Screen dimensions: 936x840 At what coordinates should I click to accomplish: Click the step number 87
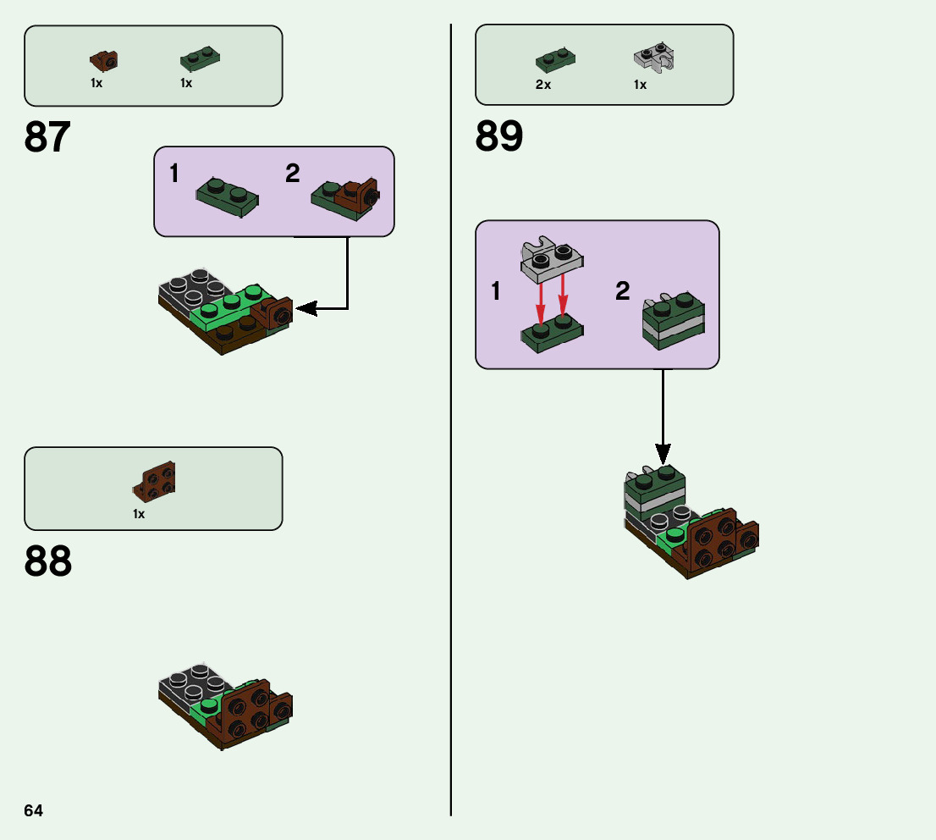[48, 137]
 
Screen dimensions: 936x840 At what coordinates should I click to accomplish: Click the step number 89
[499, 136]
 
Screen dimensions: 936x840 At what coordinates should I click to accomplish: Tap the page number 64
[34, 810]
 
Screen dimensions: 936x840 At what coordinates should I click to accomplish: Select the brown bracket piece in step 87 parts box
[104, 60]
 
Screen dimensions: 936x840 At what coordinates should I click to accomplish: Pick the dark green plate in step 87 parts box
[200, 58]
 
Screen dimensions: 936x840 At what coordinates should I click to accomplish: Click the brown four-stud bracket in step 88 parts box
[155, 482]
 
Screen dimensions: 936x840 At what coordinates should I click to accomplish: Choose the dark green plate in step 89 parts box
[555, 59]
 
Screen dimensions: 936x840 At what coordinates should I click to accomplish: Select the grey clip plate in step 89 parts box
[653, 58]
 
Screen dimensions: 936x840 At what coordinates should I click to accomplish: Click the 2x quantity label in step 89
[543, 85]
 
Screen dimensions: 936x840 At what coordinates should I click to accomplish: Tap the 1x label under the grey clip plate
[640, 85]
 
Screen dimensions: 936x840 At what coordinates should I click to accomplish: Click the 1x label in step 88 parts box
[139, 514]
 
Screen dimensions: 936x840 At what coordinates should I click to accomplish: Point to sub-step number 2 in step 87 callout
[293, 174]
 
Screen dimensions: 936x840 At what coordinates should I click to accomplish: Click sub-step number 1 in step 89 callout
[496, 292]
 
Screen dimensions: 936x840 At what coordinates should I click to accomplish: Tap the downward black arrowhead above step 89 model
[663, 453]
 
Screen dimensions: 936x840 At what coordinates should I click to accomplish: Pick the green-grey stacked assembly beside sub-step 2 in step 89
[674, 321]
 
